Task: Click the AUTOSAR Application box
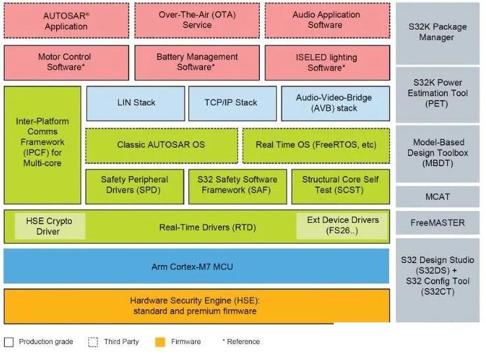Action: [67, 20]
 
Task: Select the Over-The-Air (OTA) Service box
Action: [197, 20]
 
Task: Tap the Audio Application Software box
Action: [327, 20]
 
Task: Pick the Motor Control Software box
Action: [67, 63]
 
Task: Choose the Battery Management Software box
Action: [197, 63]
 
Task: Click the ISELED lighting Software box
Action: [327, 63]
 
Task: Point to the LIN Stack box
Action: [135, 104]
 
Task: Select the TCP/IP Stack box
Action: [233, 104]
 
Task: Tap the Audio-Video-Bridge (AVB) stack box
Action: [336, 104]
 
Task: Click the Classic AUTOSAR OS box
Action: [162, 146]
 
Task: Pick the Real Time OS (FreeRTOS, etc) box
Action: [316, 146]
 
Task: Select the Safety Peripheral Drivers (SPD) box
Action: [135, 187]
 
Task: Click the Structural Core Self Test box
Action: [341, 187]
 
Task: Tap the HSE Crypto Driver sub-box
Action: [50, 226]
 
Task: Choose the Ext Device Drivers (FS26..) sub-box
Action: [342, 225]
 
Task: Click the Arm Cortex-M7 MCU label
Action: [192, 267]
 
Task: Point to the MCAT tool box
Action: [438, 196]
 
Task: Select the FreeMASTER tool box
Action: [438, 223]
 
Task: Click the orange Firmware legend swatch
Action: [160, 342]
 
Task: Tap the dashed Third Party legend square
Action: [93, 342]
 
